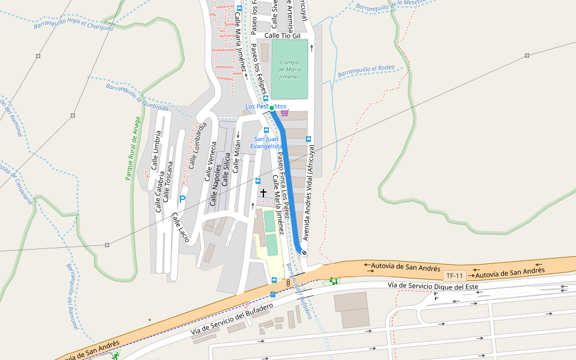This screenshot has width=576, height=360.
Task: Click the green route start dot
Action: (x=272, y=108)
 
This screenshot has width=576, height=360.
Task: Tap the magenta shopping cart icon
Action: (x=284, y=112)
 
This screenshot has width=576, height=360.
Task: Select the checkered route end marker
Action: (x=304, y=253)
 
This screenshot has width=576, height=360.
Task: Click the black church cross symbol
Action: (x=263, y=193)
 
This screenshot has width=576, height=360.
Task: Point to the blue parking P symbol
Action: (x=182, y=199)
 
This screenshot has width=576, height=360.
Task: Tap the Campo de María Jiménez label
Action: (x=289, y=70)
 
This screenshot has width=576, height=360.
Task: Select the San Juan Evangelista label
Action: (x=266, y=142)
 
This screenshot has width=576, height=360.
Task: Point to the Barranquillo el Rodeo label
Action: (x=366, y=71)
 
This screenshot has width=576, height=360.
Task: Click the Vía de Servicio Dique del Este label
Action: (x=433, y=286)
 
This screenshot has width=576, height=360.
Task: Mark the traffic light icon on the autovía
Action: (x=288, y=282)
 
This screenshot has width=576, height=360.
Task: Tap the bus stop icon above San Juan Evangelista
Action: (x=266, y=130)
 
